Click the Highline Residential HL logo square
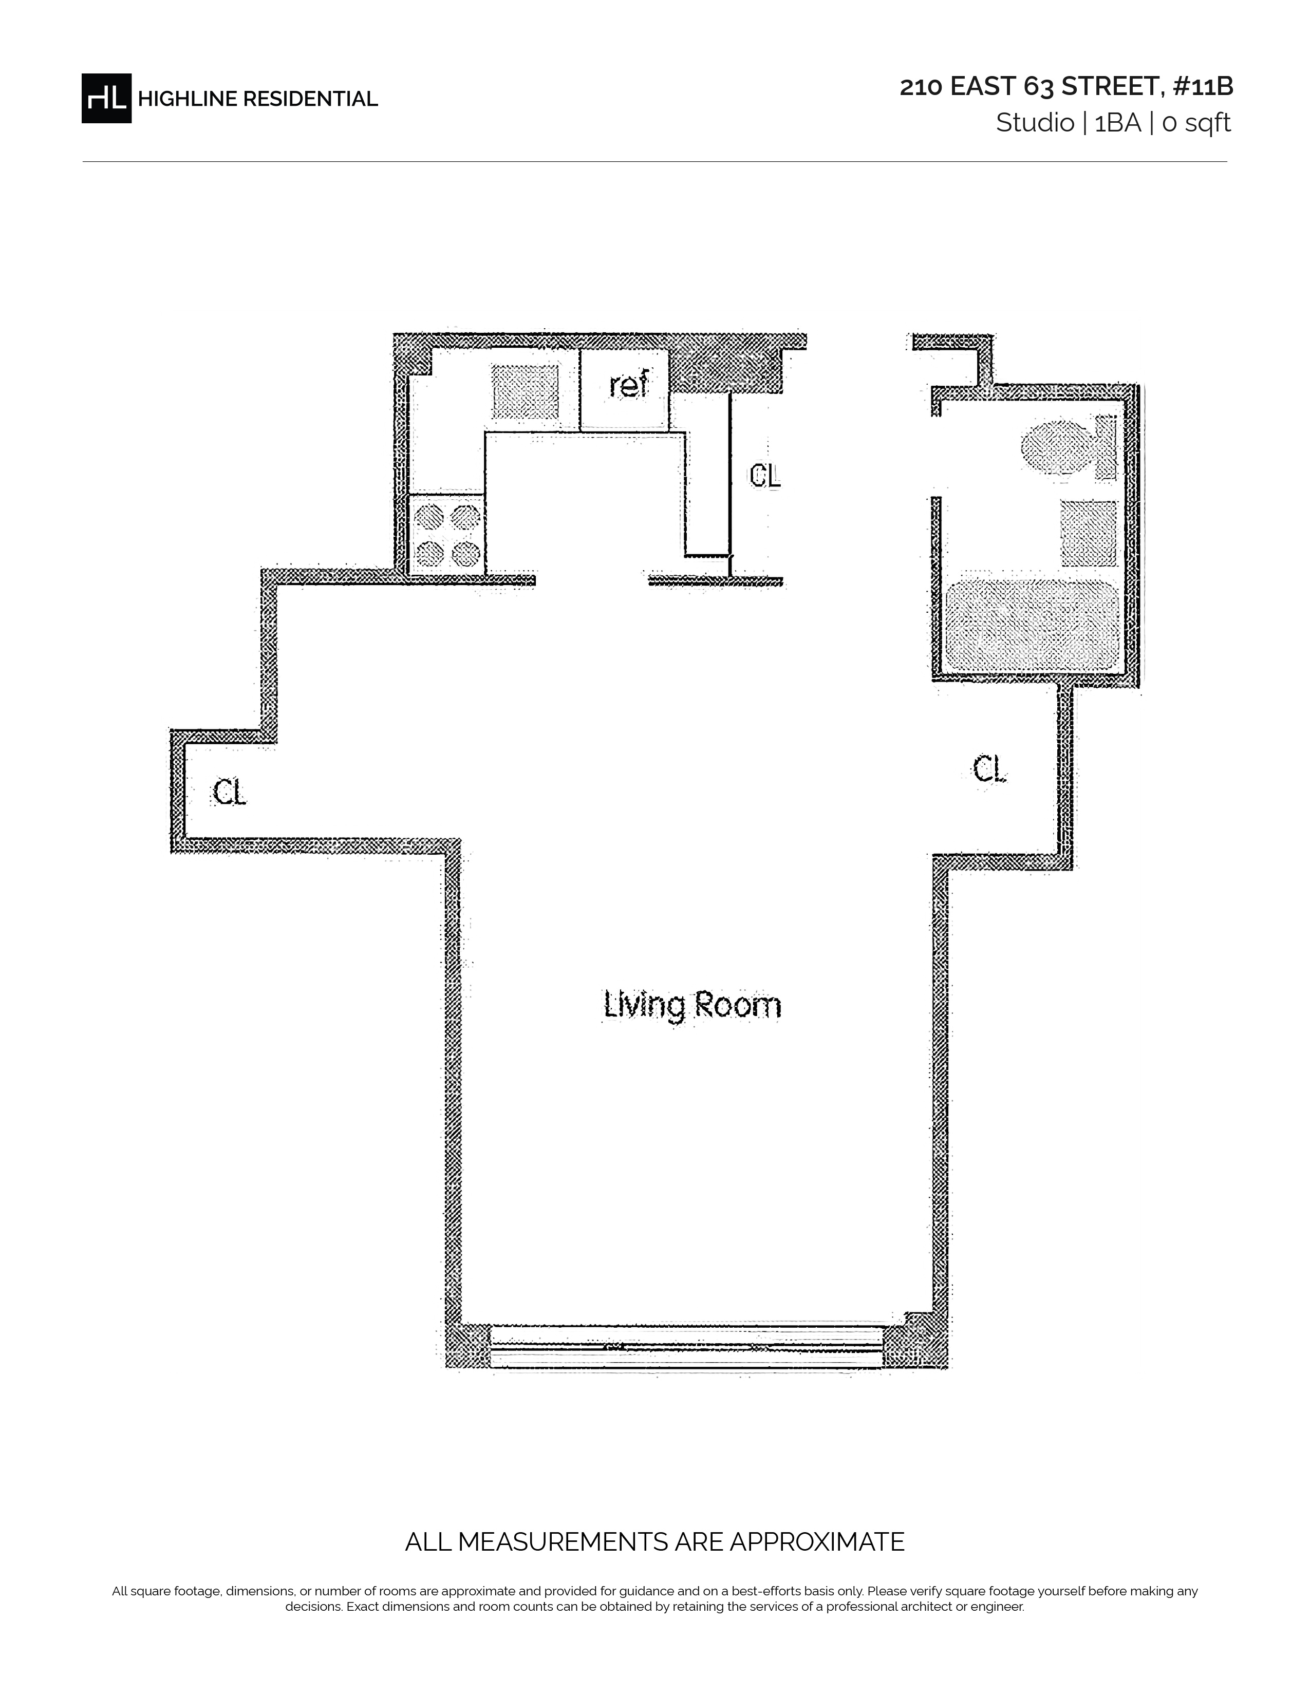click(x=106, y=99)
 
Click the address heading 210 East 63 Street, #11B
click(x=1066, y=87)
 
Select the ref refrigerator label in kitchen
click(x=628, y=385)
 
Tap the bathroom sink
click(x=1089, y=533)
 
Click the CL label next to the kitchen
click(x=764, y=476)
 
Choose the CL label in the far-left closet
click(x=229, y=793)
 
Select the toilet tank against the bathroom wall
click(x=1105, y=447)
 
